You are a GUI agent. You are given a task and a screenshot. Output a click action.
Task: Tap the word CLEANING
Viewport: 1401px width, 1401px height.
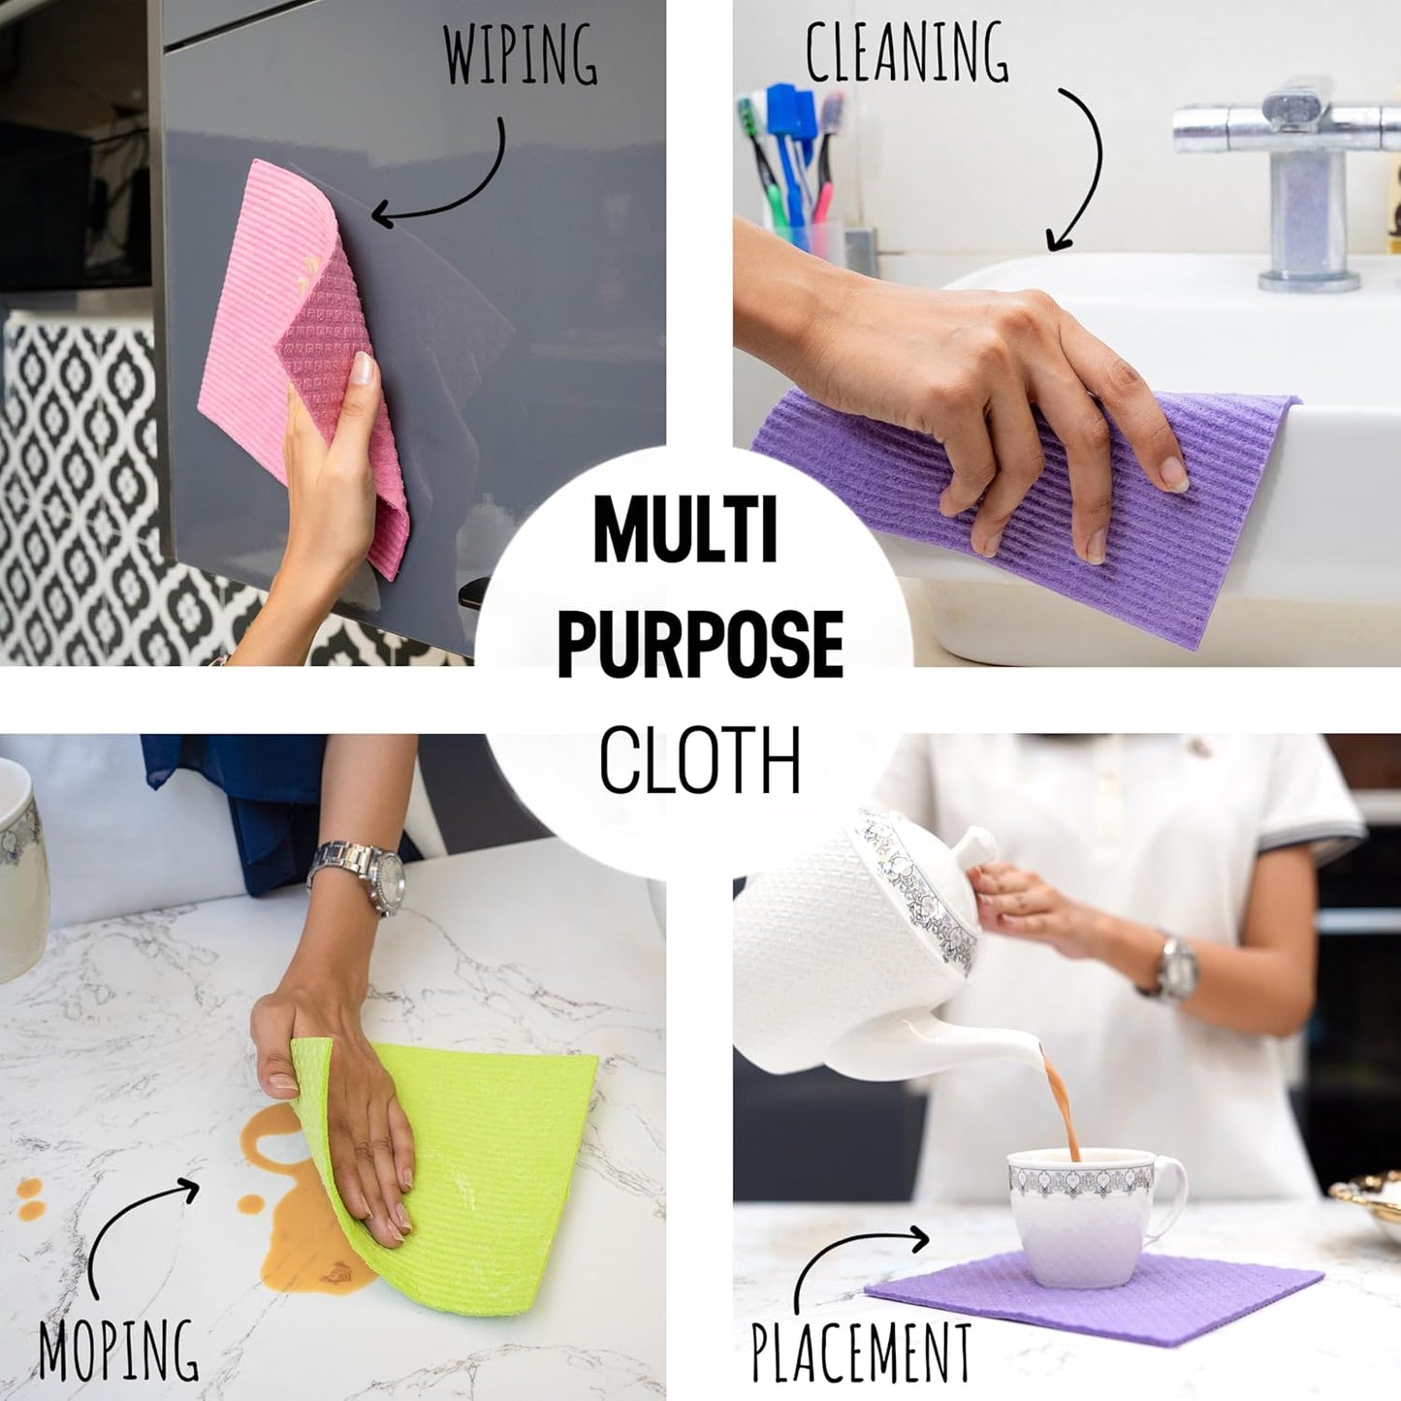coord(907,51)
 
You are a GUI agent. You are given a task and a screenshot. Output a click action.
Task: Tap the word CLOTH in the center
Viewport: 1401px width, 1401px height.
coord(699,760)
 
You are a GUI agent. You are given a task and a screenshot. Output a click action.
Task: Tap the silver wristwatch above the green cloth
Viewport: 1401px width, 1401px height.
coord(360,876)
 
